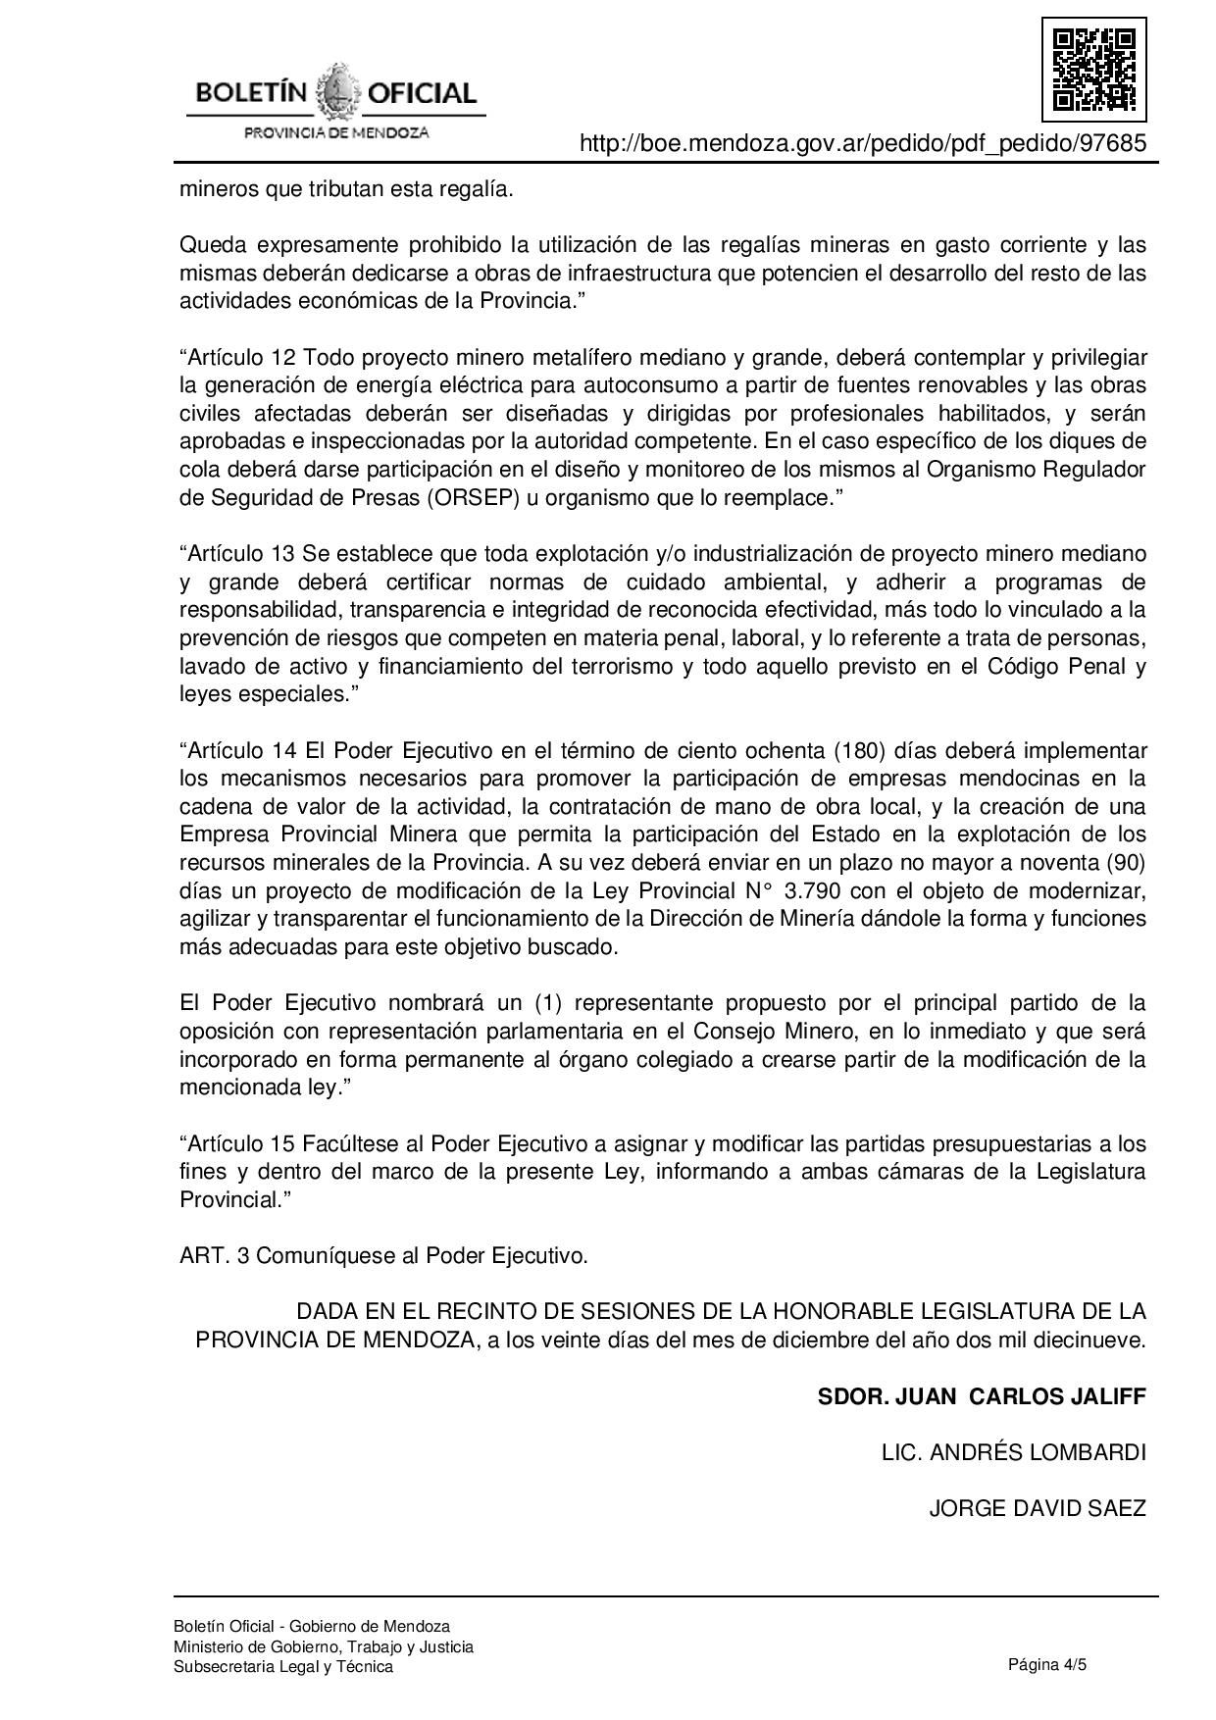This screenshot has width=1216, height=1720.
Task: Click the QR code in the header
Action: pyautogui.click(x=1093, y=69)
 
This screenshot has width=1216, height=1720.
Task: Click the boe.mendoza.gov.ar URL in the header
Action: pyautogui.click(x=863, y=144)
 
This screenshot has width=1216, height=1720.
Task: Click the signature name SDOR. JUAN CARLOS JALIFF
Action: pyautogui.click(x=982, y=1396)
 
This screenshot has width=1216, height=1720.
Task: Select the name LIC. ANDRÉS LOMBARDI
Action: pyautogui.click(x=1014, y=1452)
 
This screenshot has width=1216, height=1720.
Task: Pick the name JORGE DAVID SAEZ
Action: pyautogui.click(x=1038, y=1508)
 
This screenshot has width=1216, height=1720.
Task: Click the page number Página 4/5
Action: pyautogui.click(x=1047, y=1664)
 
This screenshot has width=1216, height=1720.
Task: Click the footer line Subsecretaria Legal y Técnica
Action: pyautogui.click(x=283, y=1667)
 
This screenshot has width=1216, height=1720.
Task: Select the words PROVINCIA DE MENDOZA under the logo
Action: pyautogui.click(x=336, y=132)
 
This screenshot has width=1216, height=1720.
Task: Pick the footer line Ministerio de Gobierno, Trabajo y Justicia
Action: pyautogui.click(x=324, y=1646)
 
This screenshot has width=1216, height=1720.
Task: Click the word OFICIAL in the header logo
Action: pyautogui.click(x=422, y=94)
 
